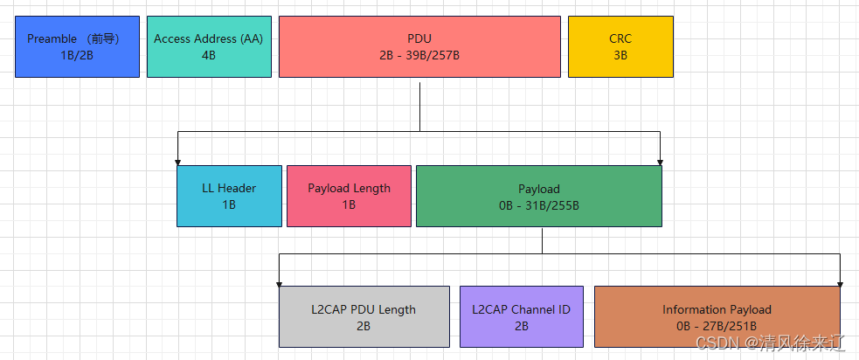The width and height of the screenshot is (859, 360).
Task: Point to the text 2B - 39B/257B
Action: [419, 55]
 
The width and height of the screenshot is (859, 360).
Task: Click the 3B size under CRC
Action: [620, 55]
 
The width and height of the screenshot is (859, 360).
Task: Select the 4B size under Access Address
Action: [209, 55]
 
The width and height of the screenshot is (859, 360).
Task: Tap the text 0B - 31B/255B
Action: [538, 205]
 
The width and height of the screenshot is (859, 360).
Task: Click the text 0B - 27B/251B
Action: [717, 326]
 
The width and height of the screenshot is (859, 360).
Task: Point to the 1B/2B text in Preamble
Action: [77, 55]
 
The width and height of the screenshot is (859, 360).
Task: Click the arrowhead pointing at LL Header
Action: [178, 162]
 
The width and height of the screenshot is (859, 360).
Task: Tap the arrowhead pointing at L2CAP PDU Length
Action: [280, 282]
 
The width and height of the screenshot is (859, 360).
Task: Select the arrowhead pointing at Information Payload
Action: [840, 282]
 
